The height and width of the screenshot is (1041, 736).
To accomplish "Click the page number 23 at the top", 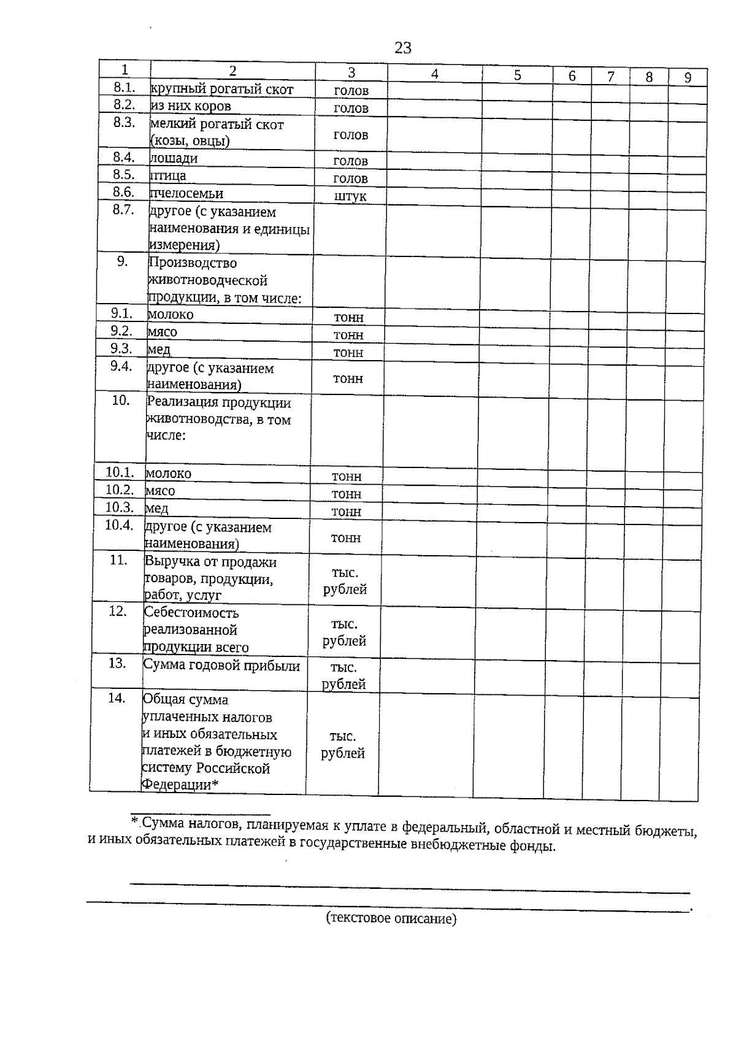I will pyautogui.click(x=402, y=48).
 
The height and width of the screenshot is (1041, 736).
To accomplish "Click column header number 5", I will pyautogui.click(x=518, y=75).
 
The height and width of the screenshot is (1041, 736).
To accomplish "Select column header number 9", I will pyautogui.click(x=688, y=77).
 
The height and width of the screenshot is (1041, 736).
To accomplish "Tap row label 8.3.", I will pyautogui.click(x=124, y=122).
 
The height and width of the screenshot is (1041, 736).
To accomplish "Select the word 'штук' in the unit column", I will pyautogui.click(x=350, y=196).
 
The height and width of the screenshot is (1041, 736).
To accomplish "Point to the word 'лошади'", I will pyautogui.click(x=174, y=158).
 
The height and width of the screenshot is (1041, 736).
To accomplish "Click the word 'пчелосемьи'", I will pyautogui.click(x=186, y=194).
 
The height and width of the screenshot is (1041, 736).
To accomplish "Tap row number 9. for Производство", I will pyautogui.click(x=123, y=261).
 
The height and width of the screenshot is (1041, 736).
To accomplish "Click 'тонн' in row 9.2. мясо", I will pyautogui.click(x=348, y=335).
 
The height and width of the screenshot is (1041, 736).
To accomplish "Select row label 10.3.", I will pyautogui.click(x=119, y=507).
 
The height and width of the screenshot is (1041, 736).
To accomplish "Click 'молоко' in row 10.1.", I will pyautogui.click(x=168, y=474).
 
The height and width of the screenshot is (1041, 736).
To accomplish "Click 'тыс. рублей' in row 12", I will pyautogui.click(x=344, y=632).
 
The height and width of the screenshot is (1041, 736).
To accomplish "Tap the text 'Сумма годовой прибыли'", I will pyautogui.click(x=221, y=666).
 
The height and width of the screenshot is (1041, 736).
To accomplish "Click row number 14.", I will pyautogui.click(x=117, y=698).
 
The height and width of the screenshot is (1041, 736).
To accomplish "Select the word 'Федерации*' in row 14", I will pyautogui.click(x=180, y=785).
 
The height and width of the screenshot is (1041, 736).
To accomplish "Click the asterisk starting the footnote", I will pyautogui.click(x=135, y=821).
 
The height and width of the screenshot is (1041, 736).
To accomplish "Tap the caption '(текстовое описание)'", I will pyautogui.click(x=391, y=918).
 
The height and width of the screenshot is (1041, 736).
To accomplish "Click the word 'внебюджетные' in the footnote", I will pyautogui.click(x=464, y=846).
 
